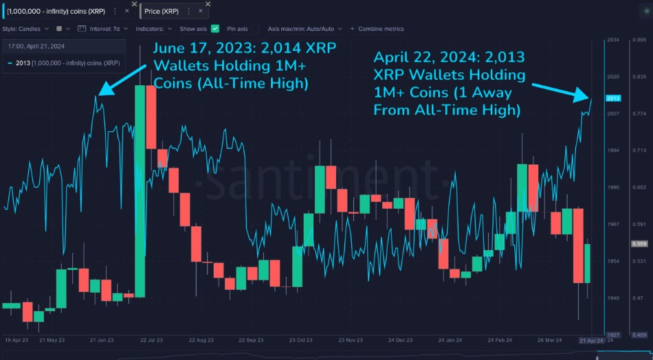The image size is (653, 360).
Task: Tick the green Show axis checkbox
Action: click(x=215, y=29)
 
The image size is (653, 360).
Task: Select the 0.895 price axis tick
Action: click(x=639, y=41)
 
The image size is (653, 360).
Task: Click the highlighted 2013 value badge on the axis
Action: click(x=614, y=99)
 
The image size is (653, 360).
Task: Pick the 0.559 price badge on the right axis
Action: click(x=639, y=244)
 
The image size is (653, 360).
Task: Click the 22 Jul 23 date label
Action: click(x=151, y=340)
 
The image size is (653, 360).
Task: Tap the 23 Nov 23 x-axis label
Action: click(x=351, y=340)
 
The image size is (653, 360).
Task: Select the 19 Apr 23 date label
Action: click(x=16, y=340)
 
